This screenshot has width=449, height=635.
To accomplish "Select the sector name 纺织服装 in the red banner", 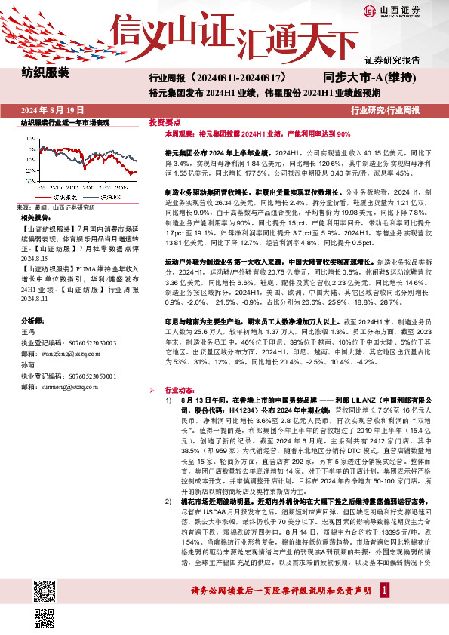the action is pyautogui.click(x=45, y=73).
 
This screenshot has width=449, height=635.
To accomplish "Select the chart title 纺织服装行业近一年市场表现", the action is pyautogui.click(x=66, y=122).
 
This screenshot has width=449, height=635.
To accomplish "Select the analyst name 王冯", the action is pyautogui.click(x=28, y=331).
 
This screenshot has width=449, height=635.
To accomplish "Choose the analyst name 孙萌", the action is pyautogui.click(x=28, y=364).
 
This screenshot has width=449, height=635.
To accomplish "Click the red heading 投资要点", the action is pyautogui.click(x=165, y=121).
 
